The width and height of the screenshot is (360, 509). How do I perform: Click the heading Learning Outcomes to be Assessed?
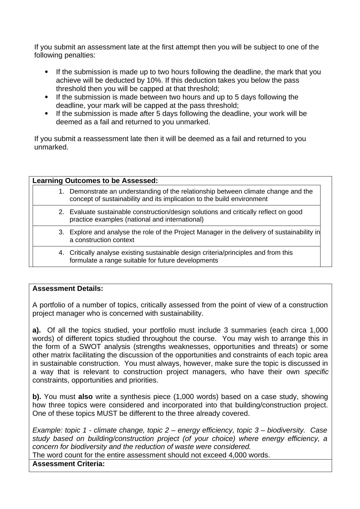coord(95,181)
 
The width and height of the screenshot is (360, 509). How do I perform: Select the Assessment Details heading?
coord(68,288)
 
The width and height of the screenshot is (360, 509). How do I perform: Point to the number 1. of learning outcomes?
coord(61,191)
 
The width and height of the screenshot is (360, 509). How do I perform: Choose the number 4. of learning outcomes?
coord(61,253)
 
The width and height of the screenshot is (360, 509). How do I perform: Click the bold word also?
coord(85,397)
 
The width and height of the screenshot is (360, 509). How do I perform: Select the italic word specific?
coord(316,372)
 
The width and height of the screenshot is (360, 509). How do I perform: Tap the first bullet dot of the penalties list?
coord(47,72)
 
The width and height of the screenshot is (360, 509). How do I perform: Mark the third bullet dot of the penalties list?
coord(47,114)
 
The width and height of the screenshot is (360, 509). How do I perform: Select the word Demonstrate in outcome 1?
coord(88,191)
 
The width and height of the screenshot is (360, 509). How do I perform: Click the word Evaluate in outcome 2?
coord(82,212)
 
